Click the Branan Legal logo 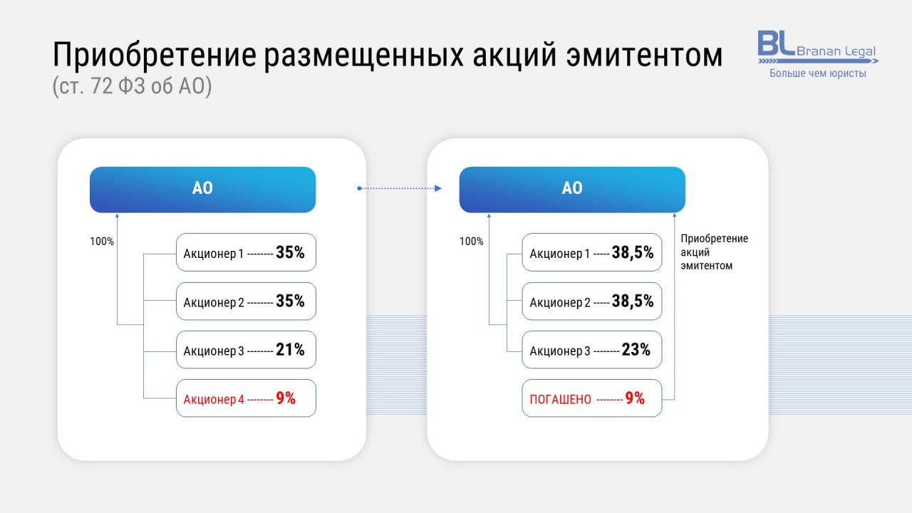817,48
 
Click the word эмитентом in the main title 644,56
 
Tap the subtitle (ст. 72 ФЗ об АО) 133,86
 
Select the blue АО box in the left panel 203,190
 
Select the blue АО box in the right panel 572,190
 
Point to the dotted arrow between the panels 400,189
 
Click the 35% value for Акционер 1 290,252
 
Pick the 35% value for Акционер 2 290,301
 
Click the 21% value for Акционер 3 290,350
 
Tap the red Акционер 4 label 214,400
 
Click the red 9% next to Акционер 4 286,398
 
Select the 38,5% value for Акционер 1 633,253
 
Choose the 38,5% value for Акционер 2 633,301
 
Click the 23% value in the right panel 636,350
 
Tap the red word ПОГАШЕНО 560,400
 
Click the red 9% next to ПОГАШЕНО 635,398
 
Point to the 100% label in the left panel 102,242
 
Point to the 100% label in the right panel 472,242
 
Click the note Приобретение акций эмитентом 715,252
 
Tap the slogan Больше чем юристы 817,73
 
